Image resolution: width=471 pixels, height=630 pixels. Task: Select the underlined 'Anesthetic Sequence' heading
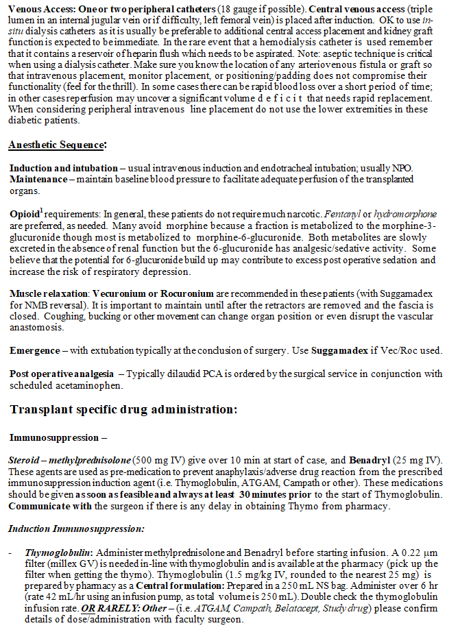(57, 145)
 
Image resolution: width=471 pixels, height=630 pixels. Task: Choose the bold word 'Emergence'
(35, 350)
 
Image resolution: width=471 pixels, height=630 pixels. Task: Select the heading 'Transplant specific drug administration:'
(123, 409)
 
